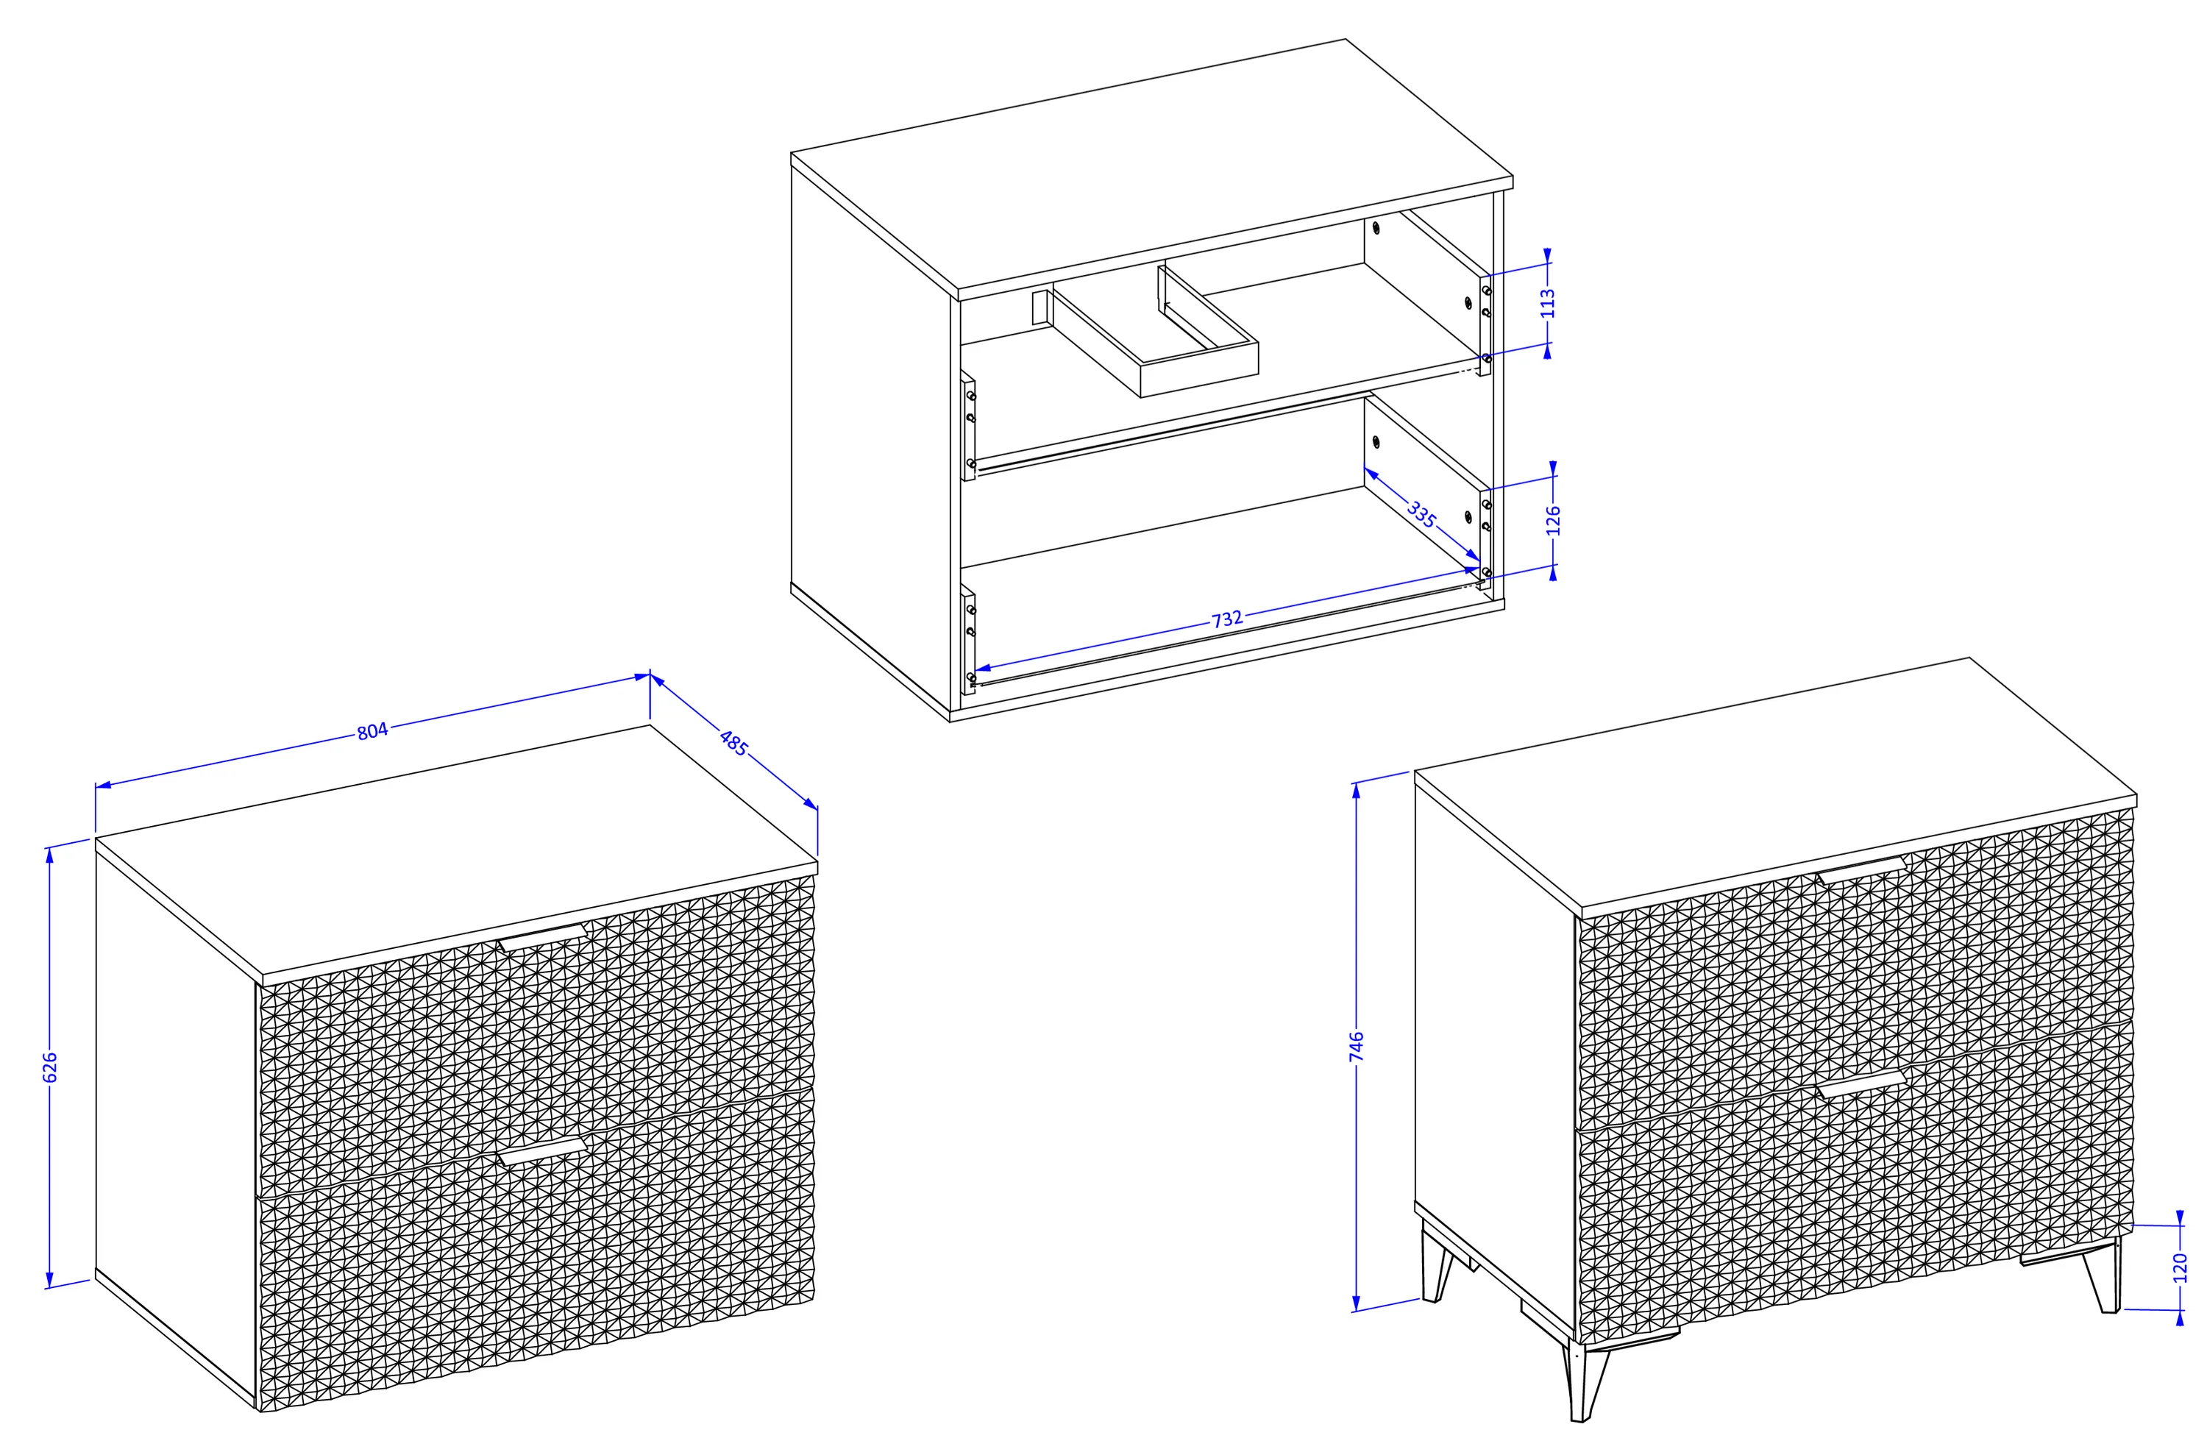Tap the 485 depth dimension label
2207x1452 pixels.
[733, 744]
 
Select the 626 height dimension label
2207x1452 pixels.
[50, 1067]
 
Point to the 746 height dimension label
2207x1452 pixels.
[1356, 1046]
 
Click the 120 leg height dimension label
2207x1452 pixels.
[2179, 1267]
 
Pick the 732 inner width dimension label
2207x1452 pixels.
[1227, 619]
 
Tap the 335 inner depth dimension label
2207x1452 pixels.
[1421, 515]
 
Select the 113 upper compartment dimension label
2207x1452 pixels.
[1547, 303]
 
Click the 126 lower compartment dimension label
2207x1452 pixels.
[1553, 520]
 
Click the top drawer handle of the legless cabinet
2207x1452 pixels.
[541, 937]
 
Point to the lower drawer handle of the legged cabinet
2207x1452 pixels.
[1861, 1084]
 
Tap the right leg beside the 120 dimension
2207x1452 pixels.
[2104, 1277]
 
